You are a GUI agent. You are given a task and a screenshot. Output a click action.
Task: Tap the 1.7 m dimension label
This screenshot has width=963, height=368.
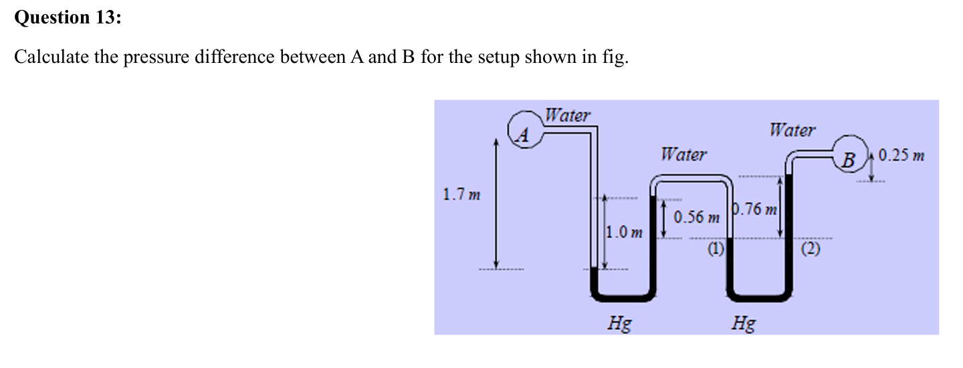[461, 196]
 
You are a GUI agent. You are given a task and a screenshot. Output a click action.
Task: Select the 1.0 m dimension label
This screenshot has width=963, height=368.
[156, 232]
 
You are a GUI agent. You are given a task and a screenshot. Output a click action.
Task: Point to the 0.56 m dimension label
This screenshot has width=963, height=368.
[696, 217]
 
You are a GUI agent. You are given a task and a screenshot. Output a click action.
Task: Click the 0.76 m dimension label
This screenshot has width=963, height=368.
[756, 210]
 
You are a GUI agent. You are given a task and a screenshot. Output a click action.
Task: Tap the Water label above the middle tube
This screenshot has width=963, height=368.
[683, 155]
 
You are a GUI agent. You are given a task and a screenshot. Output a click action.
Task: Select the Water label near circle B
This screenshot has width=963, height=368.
[792, 130]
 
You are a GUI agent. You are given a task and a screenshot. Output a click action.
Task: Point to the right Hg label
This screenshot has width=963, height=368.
[744, 325]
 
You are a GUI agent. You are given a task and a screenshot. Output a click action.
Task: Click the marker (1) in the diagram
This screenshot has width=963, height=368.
[716, 250]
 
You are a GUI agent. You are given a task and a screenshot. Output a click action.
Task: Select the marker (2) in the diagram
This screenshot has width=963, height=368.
[810, 251]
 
